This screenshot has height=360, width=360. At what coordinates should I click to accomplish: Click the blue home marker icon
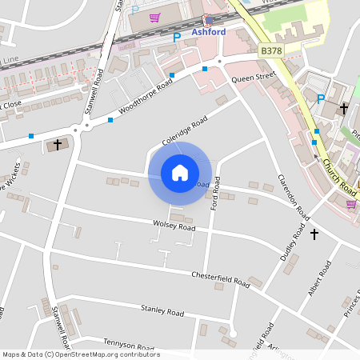pos(180,173)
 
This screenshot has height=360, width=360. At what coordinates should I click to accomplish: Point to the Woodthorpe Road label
pos(146,96)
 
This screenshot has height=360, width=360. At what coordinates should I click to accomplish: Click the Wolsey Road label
pos(174,227)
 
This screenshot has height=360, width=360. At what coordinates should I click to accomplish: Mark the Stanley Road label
pos(162,311)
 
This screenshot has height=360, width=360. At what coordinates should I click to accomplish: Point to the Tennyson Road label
pos(128,345)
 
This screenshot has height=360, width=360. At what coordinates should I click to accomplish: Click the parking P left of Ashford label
pos(177,37)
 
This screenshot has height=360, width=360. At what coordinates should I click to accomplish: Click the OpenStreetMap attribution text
pos(81,354)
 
